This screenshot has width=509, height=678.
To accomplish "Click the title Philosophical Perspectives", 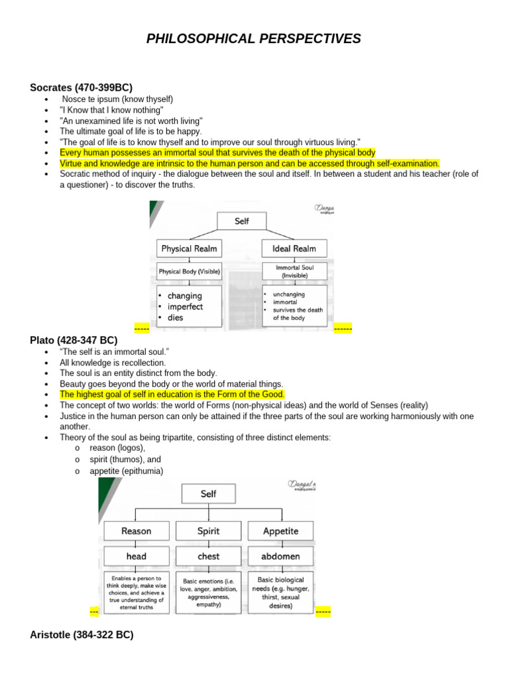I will tap(254, 39).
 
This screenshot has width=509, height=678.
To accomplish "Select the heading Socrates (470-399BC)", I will tap(81, 87).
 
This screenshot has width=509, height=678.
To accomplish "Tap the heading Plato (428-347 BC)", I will tap(74, 340).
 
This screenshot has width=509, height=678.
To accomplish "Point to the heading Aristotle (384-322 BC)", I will tap(82, 634).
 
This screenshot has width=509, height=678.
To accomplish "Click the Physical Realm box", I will tap(189, 249).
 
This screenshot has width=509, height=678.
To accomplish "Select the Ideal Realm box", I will tap(294, 249).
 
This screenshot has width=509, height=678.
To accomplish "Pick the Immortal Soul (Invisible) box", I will tap(294, 271).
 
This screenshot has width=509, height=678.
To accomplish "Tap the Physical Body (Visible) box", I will tap(189, 271).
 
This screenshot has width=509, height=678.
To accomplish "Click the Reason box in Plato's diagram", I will tap(137, 531).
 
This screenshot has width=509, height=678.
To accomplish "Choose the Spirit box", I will tap(209, 531).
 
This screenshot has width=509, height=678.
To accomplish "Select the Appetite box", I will tap(281, 531).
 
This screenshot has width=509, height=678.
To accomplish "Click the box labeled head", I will tap(137, 556).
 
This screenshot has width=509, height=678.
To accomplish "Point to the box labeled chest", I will tap(209, 556).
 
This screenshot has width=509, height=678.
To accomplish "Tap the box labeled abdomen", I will tap(281, 556).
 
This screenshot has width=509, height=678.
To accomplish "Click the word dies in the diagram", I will tap(175, 318).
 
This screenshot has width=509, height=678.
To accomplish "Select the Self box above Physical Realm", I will tap(242, 222).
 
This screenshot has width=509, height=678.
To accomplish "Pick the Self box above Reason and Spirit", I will tap(208, 494).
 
